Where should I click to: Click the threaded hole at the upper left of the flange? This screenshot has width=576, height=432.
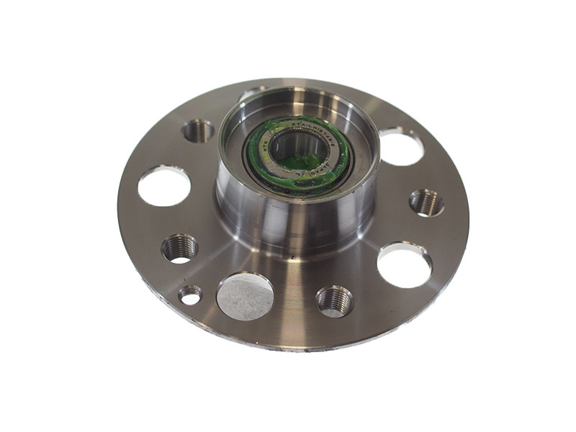coord(198,130)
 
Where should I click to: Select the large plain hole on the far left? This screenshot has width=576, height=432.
coord(164,186)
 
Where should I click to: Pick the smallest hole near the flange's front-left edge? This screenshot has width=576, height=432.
coord(190,294)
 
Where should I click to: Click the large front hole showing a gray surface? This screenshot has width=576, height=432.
coord(246,296)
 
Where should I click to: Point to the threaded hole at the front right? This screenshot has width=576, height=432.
coord(335,300)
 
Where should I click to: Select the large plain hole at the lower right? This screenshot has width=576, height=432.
coord(404,264)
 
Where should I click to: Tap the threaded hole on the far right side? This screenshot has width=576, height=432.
coord(426,202)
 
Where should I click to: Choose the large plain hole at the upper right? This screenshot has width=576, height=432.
coord(401,146)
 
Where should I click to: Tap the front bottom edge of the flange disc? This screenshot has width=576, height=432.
coord(288,344)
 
